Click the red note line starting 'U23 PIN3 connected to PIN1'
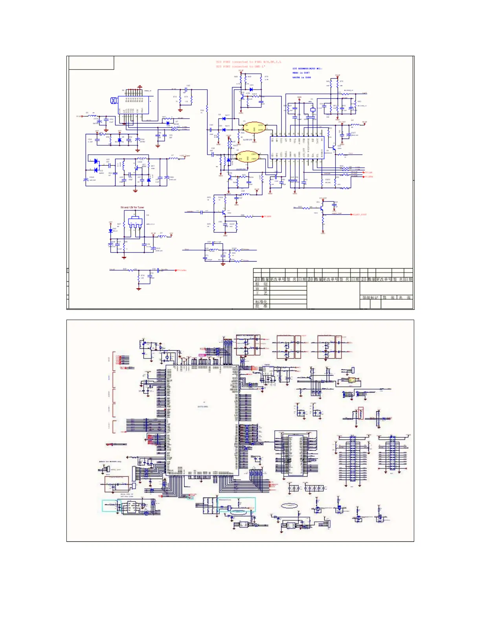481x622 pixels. tap(248, 62)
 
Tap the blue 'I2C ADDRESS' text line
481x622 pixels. tap(307, 69)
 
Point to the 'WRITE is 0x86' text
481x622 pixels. tap(301, 78)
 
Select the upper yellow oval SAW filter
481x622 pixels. tap(254, 128)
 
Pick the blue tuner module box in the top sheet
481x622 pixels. tap(134, 104)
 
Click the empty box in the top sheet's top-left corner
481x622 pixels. tap(91, 63)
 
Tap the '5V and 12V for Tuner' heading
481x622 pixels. tap(132, 207)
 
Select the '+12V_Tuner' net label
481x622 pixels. tap(185, 156)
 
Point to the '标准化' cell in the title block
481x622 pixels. tap(261, 302)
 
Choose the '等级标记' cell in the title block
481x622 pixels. tap(370, 298)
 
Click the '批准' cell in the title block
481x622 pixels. tap(261, 306)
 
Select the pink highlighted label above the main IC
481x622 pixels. tap(202, 355)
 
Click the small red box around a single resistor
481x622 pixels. tap(361, 413)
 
